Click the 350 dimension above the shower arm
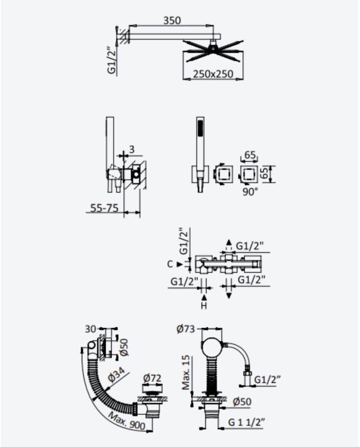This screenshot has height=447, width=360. coord(172,21)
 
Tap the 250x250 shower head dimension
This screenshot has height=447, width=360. coord(213,74)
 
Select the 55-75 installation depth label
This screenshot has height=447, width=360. coord(104,208)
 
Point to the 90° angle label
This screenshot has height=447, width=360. coord(250,191)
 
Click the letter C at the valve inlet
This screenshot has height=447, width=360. coord(170,264)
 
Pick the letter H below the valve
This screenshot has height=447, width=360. coord(204,306)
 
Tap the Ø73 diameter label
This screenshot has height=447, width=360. coord(186,329)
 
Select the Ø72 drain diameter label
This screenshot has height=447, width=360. coord(152,378)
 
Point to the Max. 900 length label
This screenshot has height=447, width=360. coord(127,420)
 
